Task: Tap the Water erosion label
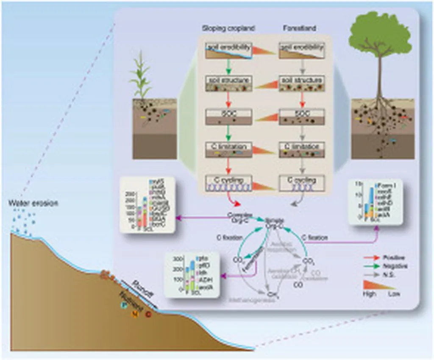33,203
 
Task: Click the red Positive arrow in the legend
371,257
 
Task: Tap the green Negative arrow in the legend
371,266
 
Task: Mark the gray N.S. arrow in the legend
371,274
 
